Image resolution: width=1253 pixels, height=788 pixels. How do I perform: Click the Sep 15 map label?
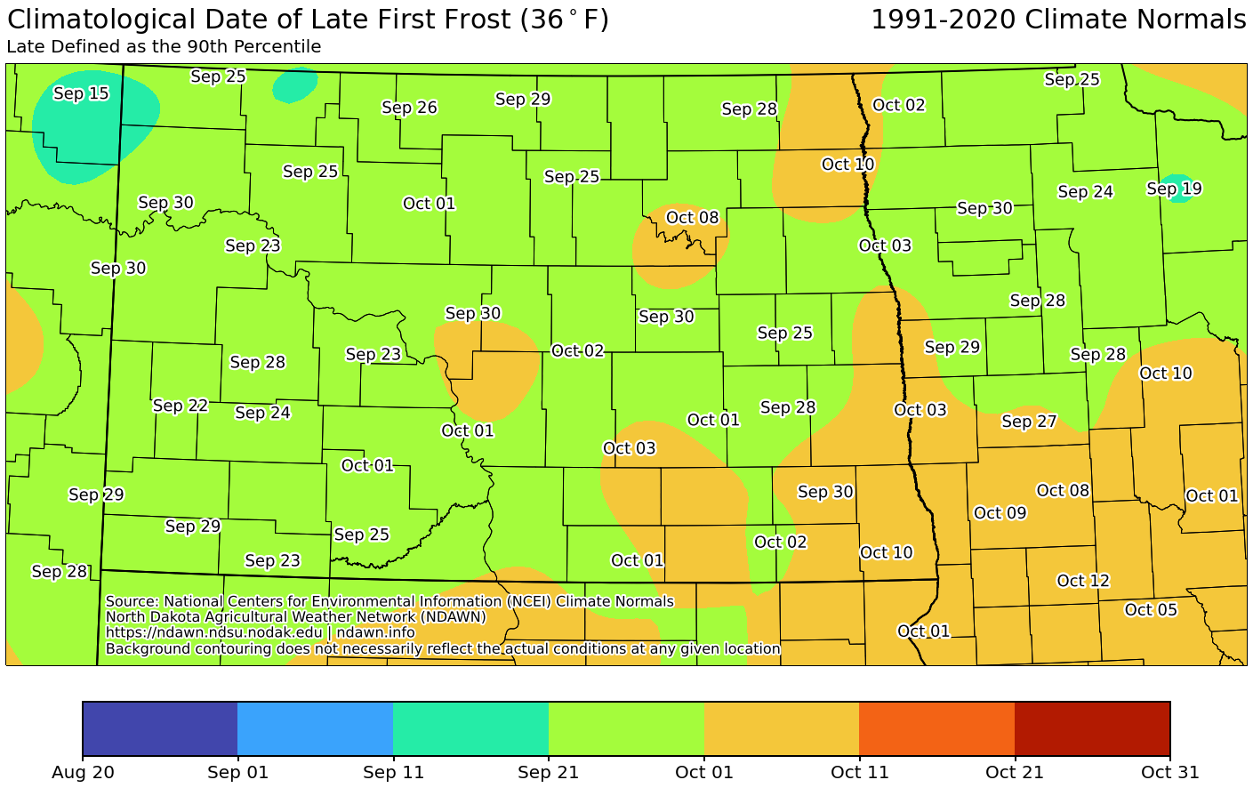pos(81,93)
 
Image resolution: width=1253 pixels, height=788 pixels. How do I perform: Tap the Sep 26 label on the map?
pos(409,108)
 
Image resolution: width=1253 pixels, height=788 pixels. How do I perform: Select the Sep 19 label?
pos(1174,189)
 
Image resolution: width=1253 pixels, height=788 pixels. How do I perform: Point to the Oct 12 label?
pos(1083,581)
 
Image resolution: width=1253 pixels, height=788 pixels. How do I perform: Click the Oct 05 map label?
pos(1151,609)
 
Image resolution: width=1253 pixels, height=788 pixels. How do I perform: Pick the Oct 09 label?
pos(1000,512)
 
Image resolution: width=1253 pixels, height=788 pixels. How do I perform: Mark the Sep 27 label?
pos(1029,421)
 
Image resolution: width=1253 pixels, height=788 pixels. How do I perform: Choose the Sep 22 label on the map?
pos(181,406)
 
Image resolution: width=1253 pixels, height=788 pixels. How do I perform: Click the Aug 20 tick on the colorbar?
pos(83,772)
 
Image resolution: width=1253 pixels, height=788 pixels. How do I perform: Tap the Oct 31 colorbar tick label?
pos(1169,772)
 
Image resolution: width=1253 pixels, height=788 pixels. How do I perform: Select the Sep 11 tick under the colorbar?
pos(392,772)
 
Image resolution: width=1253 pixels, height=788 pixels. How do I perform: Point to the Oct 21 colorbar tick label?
pos(1014,772)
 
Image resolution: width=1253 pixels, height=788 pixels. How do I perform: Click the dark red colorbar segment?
pos(1092,728)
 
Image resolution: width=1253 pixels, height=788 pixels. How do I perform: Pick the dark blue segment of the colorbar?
pos(160,728)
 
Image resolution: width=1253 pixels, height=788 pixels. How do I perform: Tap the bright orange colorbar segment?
pos(936,728)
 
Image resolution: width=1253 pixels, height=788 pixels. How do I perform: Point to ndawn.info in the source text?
pos(376,632)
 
